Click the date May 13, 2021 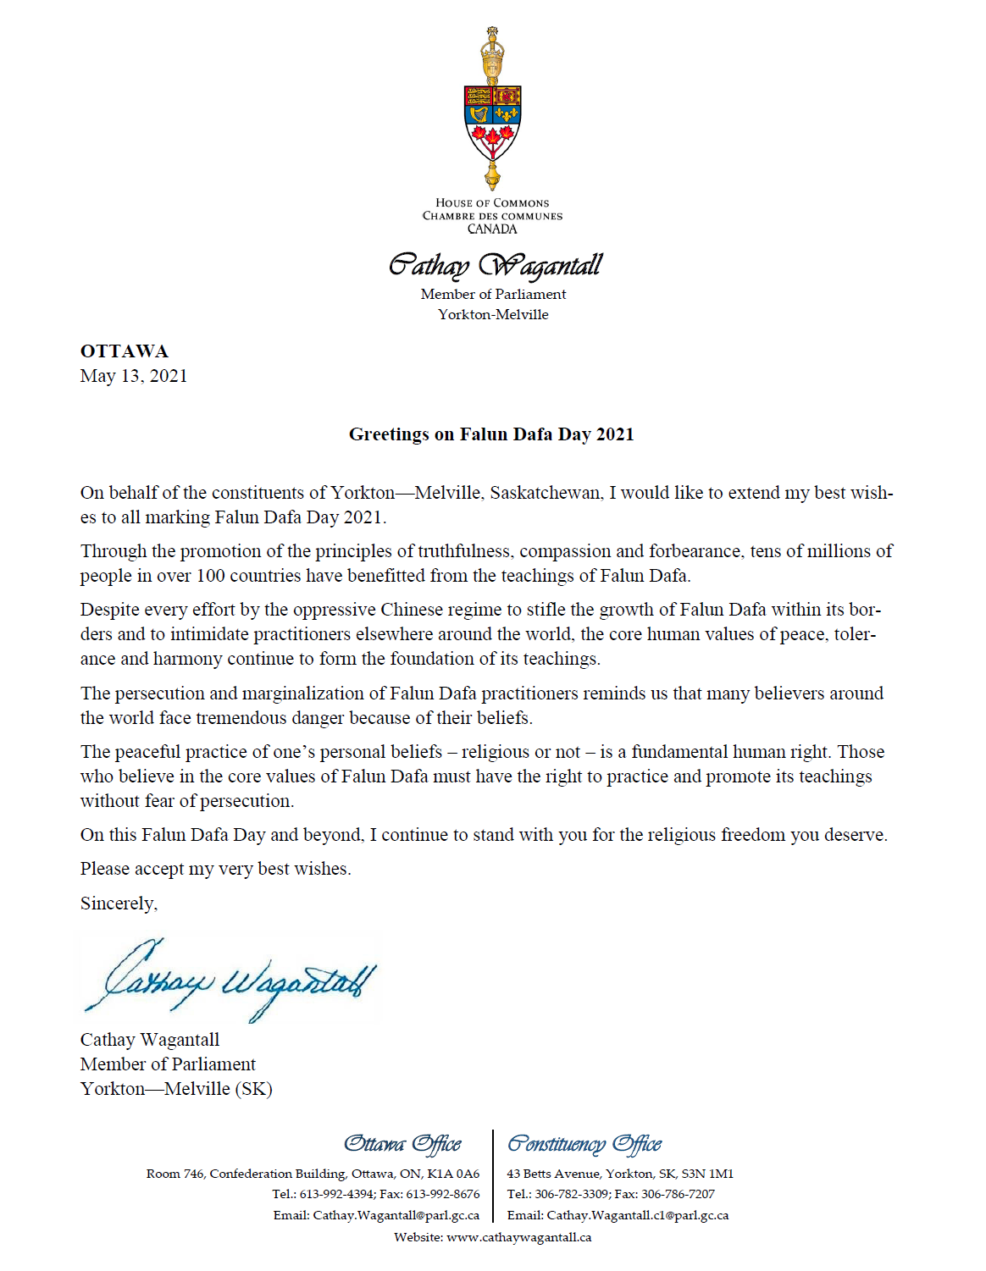[x=134, y=376]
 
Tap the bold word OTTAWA [x=125, y=351]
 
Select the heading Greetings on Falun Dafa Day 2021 [x=491, y=434]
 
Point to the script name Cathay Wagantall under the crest [x=495, y=266]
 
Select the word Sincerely [x=119, y=904]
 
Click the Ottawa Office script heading [x=402, y=1144]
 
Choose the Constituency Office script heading [x=584, y=1144]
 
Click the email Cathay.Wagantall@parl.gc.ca [x=396, y=1215]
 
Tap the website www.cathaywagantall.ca [x=518, y=1237]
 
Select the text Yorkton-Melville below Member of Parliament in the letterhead [x=493, y=314]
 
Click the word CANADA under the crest [x=492, y=229]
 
